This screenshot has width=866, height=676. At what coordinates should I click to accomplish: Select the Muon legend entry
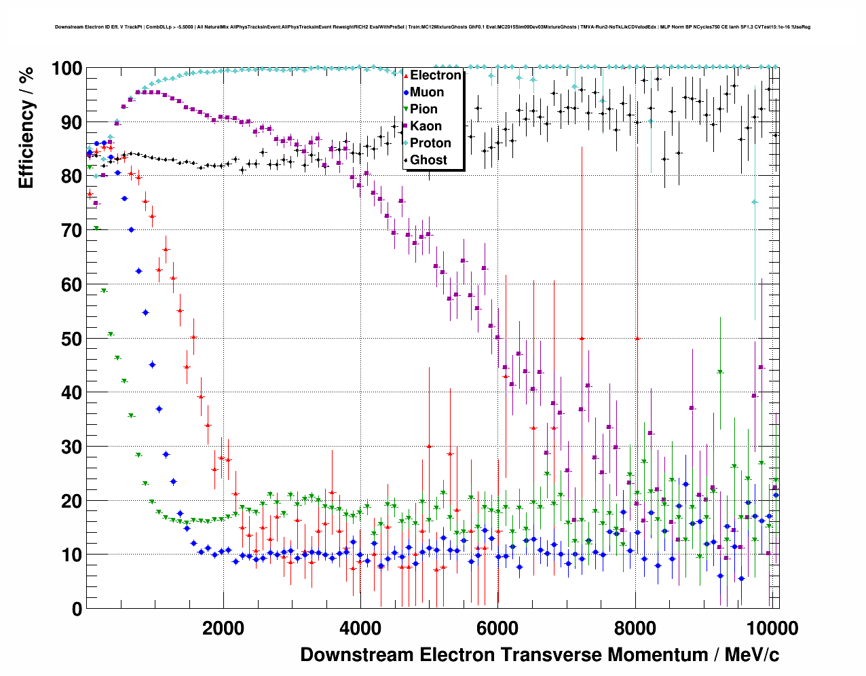pyautogui.click(x=427, y=92)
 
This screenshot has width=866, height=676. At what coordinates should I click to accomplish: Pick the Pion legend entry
pyautogui.click(x=423, y=109)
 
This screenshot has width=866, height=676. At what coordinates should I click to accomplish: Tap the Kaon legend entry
pyautogui.click(x=426, y=126)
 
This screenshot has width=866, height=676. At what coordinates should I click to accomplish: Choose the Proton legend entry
pyautogui.click(x=430, y=143)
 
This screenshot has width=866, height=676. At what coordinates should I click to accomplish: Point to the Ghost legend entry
pyautogui.click(x=428, y=160)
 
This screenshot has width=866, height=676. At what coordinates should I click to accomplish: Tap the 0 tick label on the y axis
pyautogui.click(x=77, y=609)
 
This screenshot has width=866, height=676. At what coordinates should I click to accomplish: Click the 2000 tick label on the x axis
pyautogui.click(x=223, y=628)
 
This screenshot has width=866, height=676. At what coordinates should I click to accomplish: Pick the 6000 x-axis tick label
pyautogui.click(x=497, y=628)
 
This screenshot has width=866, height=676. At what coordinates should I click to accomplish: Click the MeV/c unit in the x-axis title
pyautogui.click(x=752, y=655)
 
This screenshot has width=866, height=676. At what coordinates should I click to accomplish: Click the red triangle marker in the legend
pyautogui.click(x=406, y=75)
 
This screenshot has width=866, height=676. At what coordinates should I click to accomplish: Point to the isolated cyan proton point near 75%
pyautogui.click(x=754, y=202)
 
